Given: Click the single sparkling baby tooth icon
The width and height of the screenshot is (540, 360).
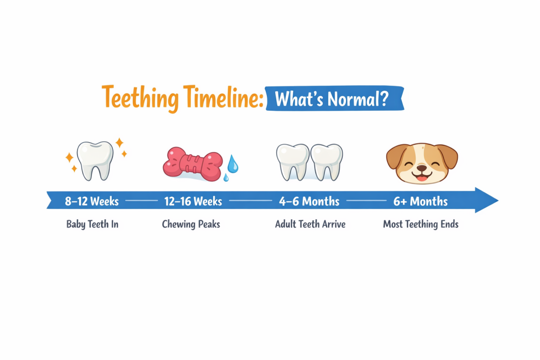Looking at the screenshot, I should tap(95, 160).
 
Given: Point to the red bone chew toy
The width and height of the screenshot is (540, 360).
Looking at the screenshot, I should tap(192, 163).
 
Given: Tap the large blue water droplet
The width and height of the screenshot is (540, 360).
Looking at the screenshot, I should tap(232, 165).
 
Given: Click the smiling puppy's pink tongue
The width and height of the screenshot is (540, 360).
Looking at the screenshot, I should tap(421, 177).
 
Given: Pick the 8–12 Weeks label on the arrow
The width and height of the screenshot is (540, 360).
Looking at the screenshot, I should tap(92, 201).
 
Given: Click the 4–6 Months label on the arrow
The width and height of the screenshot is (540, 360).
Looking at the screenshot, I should tap(310, 201).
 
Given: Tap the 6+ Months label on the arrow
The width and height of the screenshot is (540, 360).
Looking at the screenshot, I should tap(420, 201).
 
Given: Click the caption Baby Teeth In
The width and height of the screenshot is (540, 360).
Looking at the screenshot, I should tap(92, 225).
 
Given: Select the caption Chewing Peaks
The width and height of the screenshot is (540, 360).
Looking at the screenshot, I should tap(191, 225).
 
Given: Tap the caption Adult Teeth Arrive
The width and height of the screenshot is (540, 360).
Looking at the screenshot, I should tap(310, 225).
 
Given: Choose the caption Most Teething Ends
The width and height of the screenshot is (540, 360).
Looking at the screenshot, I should tap(420, 225).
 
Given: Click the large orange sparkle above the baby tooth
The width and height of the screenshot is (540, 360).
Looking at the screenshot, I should tap(119, 142).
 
